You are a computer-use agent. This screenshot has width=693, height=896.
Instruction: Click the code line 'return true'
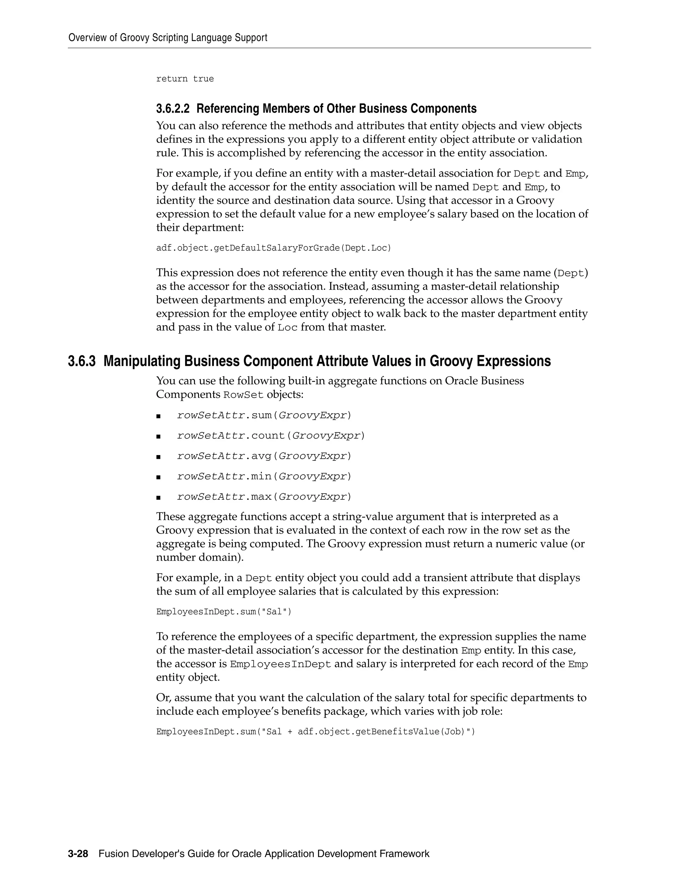coord(185,79)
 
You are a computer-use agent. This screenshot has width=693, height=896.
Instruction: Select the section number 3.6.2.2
coord(173,109)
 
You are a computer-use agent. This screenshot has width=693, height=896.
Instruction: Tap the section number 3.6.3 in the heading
coord(82,361)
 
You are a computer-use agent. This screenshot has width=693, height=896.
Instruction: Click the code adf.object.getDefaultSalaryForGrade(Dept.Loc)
coord(274,248)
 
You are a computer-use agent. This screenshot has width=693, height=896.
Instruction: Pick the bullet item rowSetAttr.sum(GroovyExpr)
coord(264,415)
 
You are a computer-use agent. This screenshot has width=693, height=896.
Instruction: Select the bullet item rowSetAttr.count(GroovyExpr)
coord(271,436)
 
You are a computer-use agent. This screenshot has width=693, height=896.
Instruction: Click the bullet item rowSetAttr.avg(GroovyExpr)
coord(264,456)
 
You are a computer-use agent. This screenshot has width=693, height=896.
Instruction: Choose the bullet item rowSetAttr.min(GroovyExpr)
coord(264,476)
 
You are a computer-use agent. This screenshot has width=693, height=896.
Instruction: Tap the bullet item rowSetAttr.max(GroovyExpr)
coord(264,497)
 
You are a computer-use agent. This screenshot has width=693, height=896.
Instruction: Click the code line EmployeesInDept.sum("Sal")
coord(224,612)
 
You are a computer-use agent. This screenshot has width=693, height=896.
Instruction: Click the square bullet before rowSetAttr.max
coord(158,498)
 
